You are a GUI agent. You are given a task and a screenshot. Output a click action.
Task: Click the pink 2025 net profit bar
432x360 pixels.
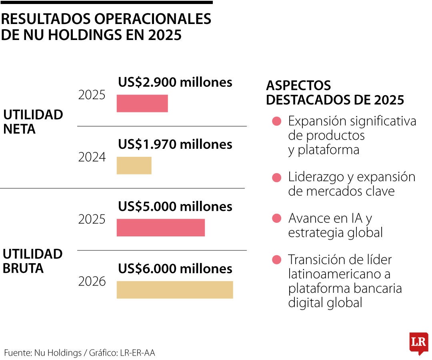click(142, 103)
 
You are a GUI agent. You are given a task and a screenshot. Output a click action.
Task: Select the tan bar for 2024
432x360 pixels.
click(134, 165)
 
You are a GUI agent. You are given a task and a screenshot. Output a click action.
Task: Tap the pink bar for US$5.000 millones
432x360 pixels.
click(160, 228)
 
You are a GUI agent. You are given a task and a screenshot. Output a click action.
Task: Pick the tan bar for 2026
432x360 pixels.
click(174, 290)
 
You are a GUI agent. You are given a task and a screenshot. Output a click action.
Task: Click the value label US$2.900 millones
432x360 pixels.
click(175, 82)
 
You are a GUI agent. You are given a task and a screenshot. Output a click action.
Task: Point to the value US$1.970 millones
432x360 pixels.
click(175, 144)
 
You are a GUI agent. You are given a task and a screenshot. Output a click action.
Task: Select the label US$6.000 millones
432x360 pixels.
click(175, 268)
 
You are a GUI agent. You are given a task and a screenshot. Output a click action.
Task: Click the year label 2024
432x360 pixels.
click(92, 157)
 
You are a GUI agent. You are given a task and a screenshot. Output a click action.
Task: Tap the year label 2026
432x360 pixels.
click(92, 282)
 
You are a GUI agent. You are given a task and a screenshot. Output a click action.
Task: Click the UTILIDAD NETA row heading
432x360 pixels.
click(33, 122)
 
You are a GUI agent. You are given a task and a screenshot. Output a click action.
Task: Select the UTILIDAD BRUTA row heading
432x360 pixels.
click(33, 261)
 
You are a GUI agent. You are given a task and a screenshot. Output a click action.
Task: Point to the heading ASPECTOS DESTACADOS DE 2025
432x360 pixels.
click(334, 92)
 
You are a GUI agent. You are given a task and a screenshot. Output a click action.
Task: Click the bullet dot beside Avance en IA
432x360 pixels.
click(276, 218)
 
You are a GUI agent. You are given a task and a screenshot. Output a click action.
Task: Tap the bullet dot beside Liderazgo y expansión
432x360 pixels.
click(276, 177)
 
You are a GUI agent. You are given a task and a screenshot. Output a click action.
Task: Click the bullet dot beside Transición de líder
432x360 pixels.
click(276, 260)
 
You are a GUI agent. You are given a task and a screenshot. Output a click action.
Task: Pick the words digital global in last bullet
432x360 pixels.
click(325, 302)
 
